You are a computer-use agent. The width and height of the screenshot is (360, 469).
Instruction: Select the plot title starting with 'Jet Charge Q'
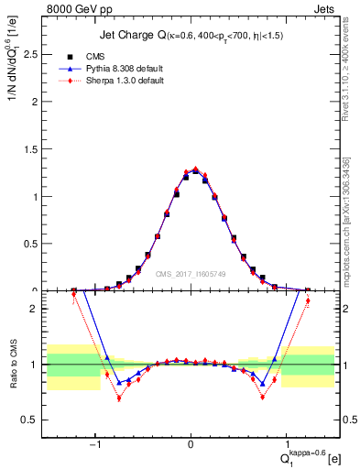click(191, 36)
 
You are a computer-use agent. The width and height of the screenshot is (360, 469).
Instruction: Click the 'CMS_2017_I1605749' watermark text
click(191, 273)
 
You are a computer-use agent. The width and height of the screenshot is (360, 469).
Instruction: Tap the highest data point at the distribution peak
click(195, 169)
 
